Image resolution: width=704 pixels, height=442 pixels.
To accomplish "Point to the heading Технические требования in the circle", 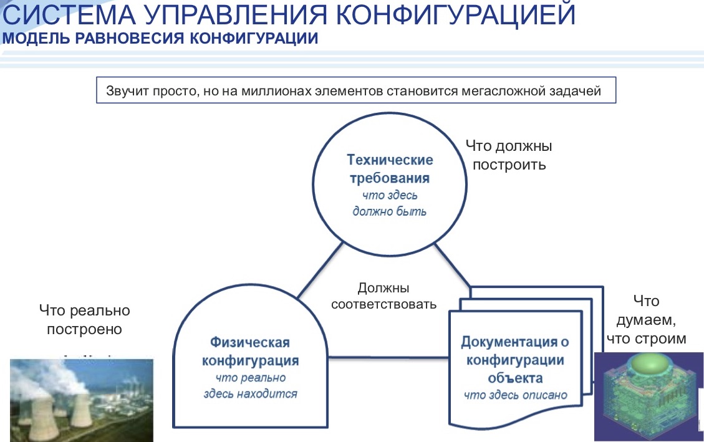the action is point(389,169).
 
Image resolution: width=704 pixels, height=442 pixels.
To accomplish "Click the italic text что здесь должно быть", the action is point(389,203).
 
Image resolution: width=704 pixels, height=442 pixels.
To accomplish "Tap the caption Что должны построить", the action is point(509,155).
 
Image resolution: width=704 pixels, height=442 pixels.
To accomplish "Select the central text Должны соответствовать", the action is point(383,296).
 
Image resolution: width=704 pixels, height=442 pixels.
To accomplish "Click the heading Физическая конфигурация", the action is point(250,352).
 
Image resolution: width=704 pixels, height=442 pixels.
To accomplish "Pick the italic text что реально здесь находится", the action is point(250,386).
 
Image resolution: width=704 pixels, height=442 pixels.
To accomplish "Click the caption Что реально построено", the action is point(84,319).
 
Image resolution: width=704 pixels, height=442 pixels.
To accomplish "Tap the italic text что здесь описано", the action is point(516,395).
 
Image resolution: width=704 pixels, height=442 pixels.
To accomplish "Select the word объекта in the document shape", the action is point(516,378).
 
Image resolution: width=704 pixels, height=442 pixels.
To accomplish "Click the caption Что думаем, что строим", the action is point(646,319).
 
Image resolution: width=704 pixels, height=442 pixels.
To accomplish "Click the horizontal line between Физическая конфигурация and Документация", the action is point(389,358).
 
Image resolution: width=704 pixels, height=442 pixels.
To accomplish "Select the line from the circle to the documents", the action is point(453,265).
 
